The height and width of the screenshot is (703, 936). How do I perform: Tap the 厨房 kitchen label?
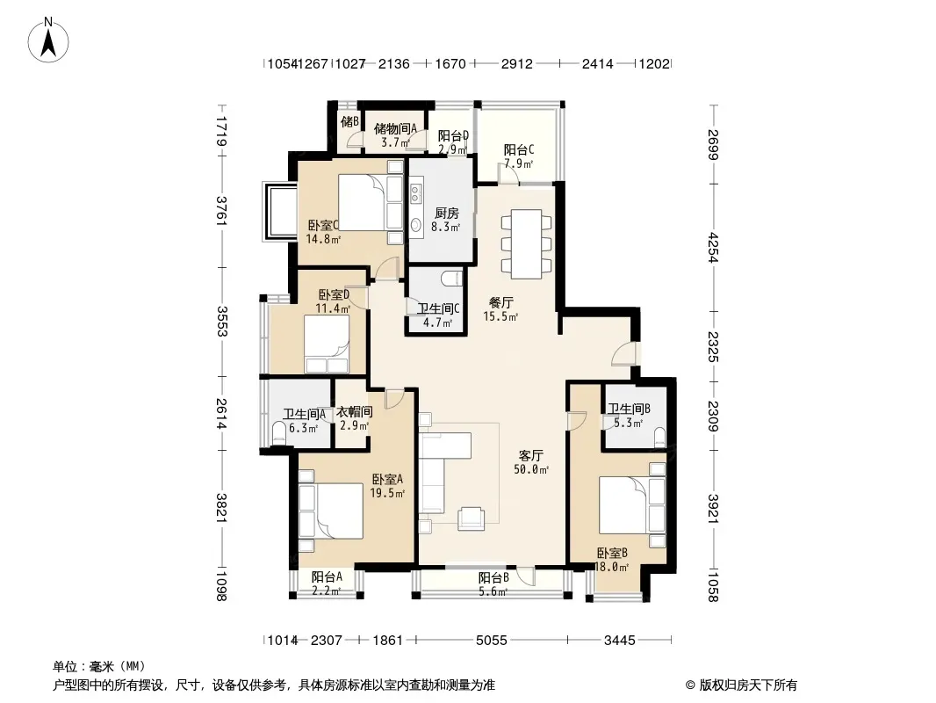pyautogui.click(x=447, y=214)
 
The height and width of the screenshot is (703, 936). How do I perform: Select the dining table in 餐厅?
pyautogui.click(x=526, y=243)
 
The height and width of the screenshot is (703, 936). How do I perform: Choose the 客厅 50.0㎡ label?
pyautogui.click(x=530, y=462)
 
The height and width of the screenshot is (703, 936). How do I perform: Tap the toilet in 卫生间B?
pyautogui.click(x=659, y=437)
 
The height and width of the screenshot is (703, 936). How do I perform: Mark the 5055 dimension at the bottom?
pyautogui.click(x=492, y=641)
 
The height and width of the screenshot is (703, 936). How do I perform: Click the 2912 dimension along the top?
pyautogui.click(x=517, y=63)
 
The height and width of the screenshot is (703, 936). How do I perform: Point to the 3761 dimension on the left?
pyautogui.click(x=221, y=211)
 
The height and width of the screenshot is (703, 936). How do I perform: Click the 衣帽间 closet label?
pyautogui.click(x=355, y=411)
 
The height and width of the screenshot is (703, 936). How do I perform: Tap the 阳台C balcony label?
pyautogui.click(x=519, y=149)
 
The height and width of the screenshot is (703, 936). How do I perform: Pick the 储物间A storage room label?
pyautogui.click(x=395, y=128)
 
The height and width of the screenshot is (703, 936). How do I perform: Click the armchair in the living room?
pyautogui.click(x=471, y=518)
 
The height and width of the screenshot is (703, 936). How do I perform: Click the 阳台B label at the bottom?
pyautogui.click(x=493, y=577)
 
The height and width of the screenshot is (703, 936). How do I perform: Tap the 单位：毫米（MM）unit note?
pyautogui.click(x=99, y=667)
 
